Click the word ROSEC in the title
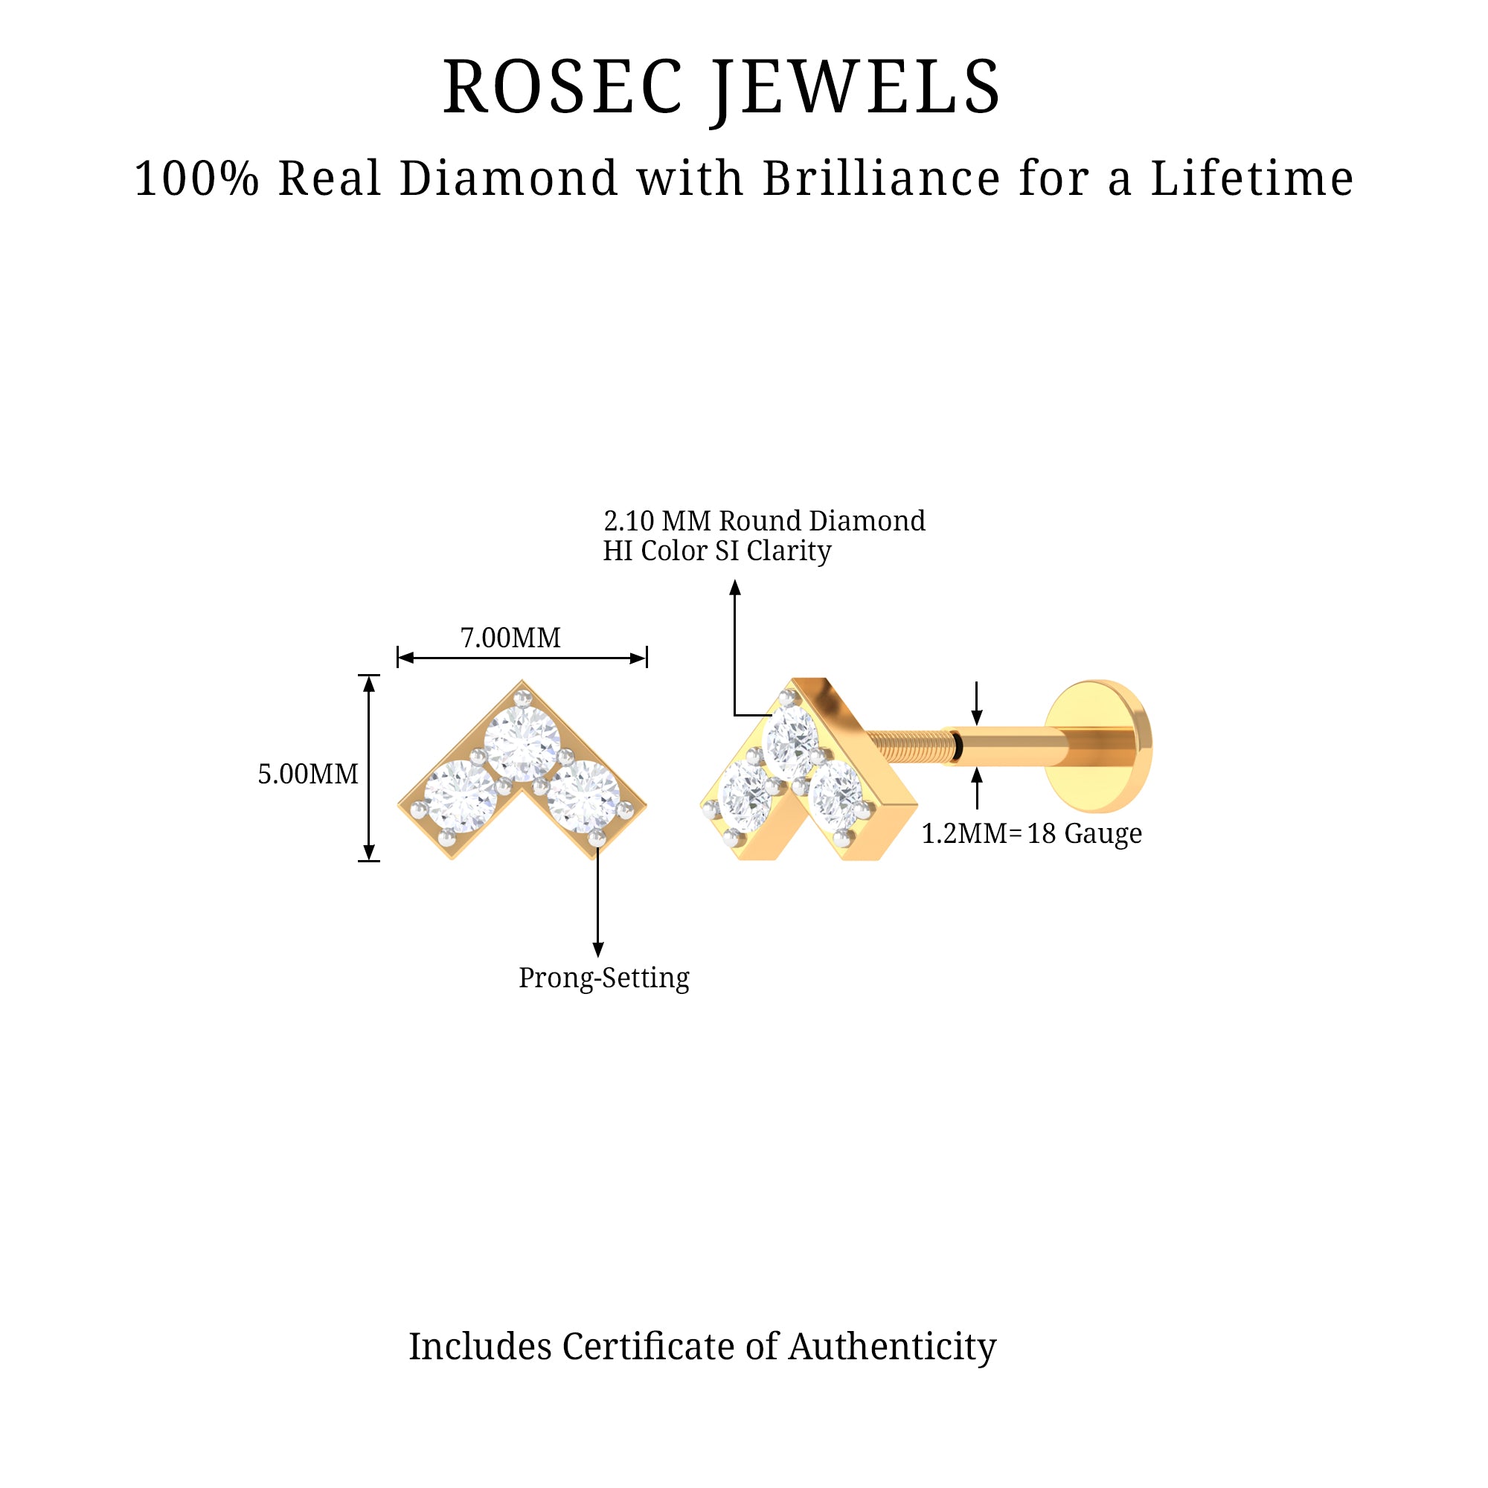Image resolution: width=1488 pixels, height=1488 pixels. [x=562, y=88]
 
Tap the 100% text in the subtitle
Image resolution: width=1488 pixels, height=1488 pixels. [x=196, y=179]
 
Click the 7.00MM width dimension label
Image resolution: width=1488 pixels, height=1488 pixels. [x=510, y=638]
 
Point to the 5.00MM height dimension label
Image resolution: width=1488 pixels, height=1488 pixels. [x=308, y=774]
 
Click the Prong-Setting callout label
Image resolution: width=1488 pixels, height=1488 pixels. [x=604, y=978]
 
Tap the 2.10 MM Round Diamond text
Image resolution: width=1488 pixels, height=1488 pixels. [x=764, y=522]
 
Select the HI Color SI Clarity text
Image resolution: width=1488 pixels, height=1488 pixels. [x=716, y=551]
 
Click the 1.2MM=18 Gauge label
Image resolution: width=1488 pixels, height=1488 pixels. [x=1031, y=833]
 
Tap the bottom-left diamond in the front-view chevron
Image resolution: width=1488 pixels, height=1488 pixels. [x=461, y=796]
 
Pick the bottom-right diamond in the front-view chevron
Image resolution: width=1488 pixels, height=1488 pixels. [x=583, y=796]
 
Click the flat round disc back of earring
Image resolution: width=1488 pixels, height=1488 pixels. [x=1100, y=745]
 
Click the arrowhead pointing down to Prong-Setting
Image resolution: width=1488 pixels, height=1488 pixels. [x=597, y=949]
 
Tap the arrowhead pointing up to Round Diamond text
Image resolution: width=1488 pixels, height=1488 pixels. [x=735, y=589]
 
